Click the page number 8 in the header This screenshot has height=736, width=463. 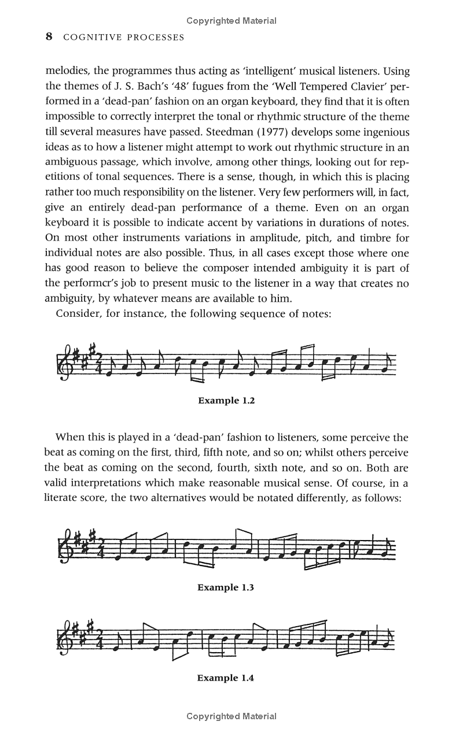pos(49,37)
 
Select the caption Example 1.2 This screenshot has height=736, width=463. pos(226,400)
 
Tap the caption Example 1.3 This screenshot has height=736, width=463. pos(226,587)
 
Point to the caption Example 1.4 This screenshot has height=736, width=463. pos(226,678)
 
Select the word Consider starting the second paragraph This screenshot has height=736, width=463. pos(79,313)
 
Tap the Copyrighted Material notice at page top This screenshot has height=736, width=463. pos(231,21)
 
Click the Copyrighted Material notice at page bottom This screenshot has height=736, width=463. pos(231,716)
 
